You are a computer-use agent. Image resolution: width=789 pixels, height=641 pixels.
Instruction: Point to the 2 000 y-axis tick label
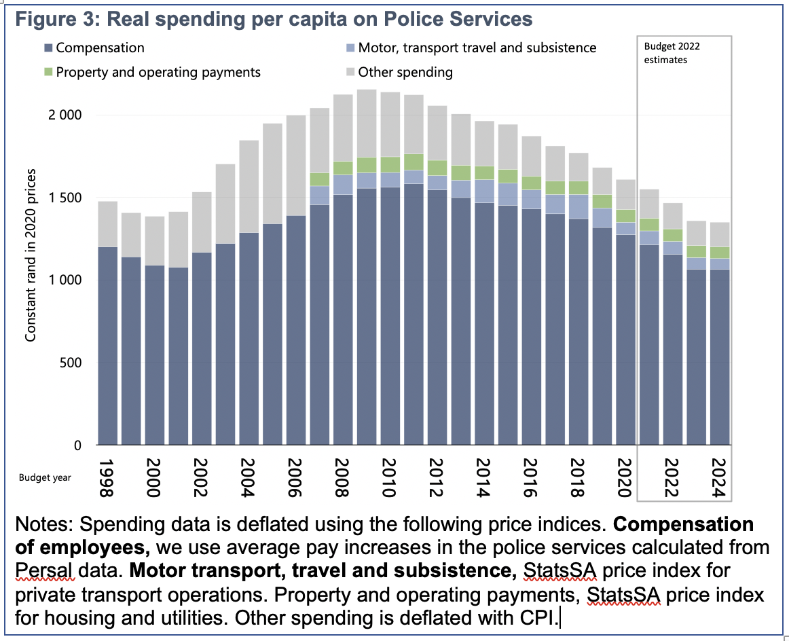[65, 115]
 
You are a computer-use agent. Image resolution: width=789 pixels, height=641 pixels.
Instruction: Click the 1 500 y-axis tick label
[65, 198]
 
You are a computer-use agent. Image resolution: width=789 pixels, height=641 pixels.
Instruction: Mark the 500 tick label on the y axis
[71, 363]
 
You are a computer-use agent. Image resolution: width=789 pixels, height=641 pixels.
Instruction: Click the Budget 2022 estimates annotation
[672, 53]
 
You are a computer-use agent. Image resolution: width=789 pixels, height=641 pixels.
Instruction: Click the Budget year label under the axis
[45, 477]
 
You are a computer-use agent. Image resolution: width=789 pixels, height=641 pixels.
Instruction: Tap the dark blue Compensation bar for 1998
[107, 346]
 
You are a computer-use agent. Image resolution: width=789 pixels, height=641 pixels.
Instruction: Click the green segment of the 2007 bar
[319, 179]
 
